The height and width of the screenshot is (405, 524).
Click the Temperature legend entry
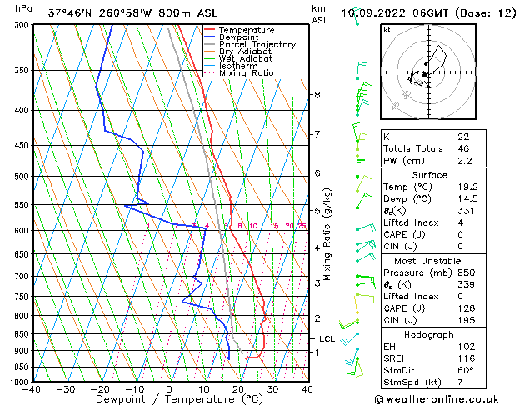tap(246, 30)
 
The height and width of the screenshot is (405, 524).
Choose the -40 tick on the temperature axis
tap(32, 389)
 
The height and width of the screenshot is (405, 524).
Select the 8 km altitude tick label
tap(317, 95)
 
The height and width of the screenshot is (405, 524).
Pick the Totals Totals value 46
tap(463, 148)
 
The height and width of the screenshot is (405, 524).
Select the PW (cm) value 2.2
tap(464, 161)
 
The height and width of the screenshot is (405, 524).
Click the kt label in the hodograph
tap(387, 30)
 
